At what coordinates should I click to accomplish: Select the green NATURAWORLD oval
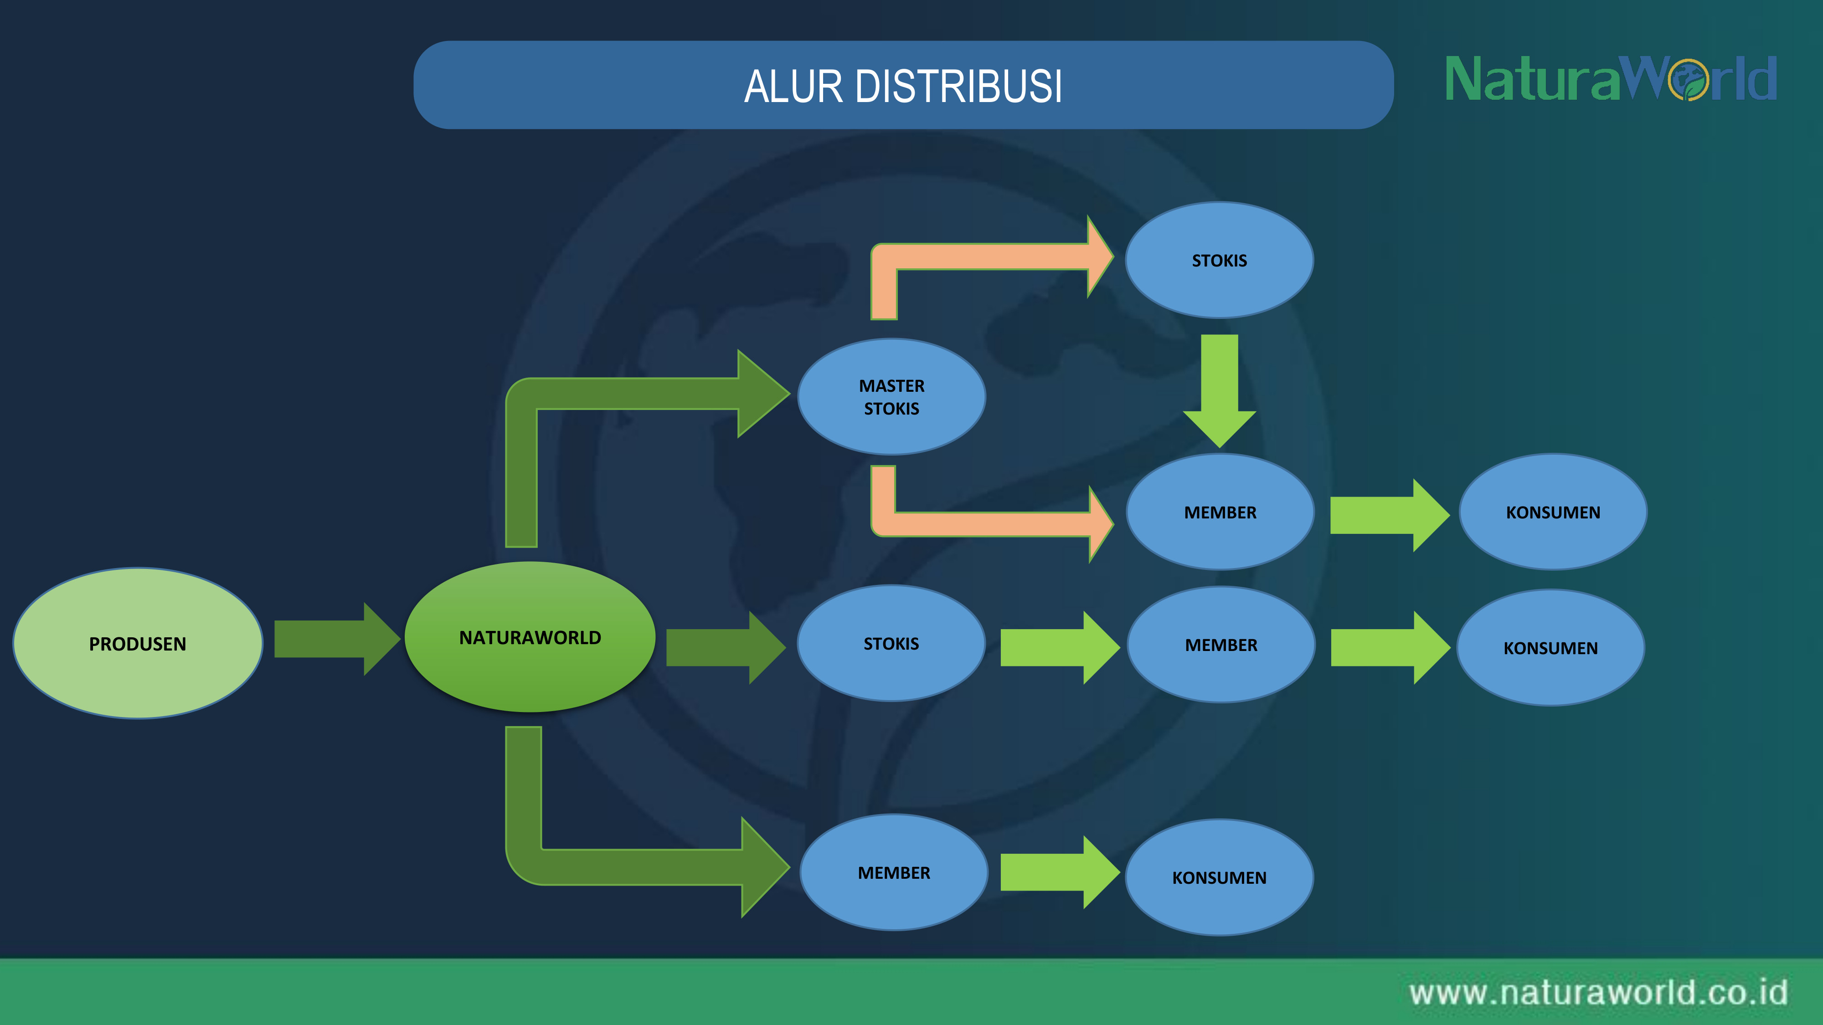coord(530,637)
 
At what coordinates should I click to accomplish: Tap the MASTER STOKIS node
coord(892,397)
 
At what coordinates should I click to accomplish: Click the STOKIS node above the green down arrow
coord(1219,260)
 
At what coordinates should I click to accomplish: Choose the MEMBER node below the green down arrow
coord(1220,512)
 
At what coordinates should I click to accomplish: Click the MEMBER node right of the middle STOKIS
coord(1221,645)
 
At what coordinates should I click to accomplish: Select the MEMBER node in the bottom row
coord(894,873)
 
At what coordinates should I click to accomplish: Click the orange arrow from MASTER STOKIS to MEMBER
coord(991,523)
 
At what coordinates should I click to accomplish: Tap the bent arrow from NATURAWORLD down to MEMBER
coord(637,866)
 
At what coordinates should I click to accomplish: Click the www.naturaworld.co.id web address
coord(1598,992)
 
